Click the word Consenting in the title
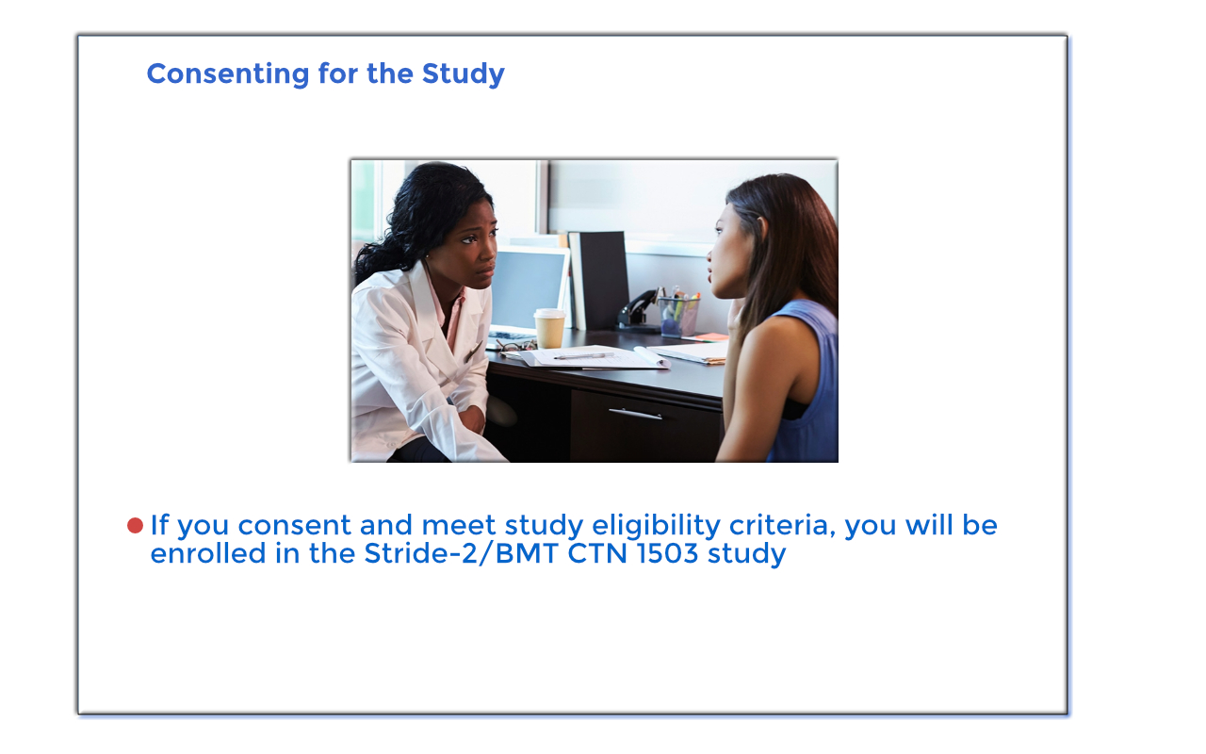tap(228, 74)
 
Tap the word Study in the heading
tap(463, 74)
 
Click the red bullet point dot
tap(135, 526)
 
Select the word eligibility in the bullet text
tap(656, 527)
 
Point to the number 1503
tap(668, 553)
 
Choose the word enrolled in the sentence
tap(208, 553)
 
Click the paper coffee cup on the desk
tap(549, 328)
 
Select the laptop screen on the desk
tap(528, 288)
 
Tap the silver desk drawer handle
tap(635, 414)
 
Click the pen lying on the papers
tap(583, 356)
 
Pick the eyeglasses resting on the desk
tap(514, 346)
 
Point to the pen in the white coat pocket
tap(473, 352)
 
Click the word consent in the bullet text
tap(295, 526)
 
